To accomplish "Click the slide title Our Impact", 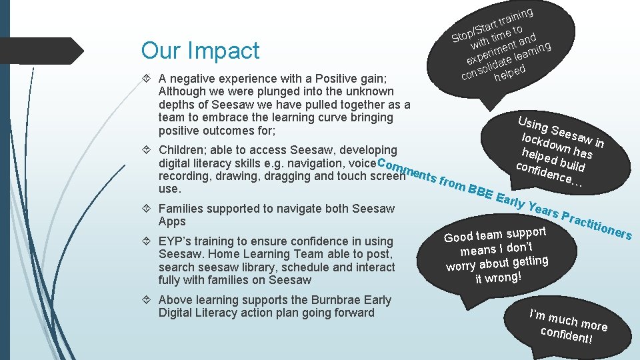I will coord(200,51).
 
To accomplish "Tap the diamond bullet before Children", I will coord(149,151).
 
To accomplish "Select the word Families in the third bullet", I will coord(182,209).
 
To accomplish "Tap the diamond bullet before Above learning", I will coord(149,300).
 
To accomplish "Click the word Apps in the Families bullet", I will coord(172,221).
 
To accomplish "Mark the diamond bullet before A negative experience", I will coord(149,79).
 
